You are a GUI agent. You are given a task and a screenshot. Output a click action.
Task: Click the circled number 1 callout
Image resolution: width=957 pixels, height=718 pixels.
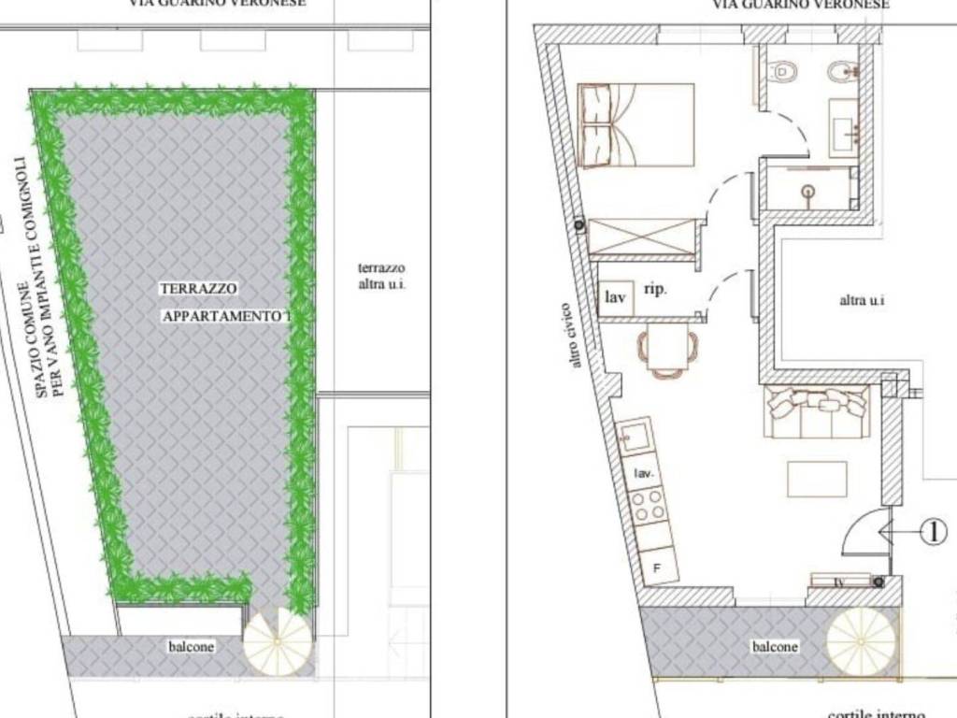point(933,532)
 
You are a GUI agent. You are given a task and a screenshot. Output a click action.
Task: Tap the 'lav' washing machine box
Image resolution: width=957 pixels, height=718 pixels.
point(616,297)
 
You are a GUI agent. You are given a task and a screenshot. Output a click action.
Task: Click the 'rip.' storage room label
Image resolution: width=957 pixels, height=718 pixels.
point(656,290)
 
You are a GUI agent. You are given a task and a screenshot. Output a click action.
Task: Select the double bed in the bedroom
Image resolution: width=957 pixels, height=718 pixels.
point(636,125)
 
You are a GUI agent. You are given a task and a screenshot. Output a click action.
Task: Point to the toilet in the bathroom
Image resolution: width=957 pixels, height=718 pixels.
point(783,71)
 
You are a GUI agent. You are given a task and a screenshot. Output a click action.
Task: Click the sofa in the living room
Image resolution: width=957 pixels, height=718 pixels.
point(817,411)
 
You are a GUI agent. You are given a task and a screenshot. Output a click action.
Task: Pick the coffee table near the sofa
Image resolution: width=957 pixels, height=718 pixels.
point(817,479)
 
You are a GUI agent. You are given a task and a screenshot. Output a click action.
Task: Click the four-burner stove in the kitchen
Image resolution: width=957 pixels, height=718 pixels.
point(649,509)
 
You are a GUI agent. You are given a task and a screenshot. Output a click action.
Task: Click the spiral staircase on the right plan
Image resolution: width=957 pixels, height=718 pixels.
point(862,640)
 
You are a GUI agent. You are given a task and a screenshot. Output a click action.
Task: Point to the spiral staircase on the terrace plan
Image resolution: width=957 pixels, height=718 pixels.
point(278,642)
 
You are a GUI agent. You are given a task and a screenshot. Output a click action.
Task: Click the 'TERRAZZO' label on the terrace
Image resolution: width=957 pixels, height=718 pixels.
point(198,290)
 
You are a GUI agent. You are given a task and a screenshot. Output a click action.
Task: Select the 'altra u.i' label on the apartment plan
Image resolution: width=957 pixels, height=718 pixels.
point(861,300)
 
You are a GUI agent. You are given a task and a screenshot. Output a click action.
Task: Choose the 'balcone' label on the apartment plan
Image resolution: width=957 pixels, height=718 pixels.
point(776,647)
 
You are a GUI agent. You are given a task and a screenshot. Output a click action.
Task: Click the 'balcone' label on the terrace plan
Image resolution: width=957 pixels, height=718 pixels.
point(192,646)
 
